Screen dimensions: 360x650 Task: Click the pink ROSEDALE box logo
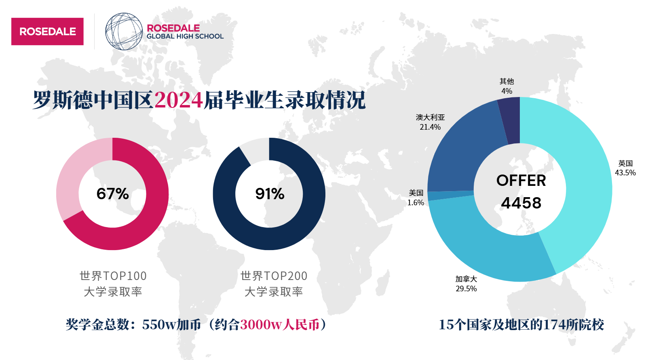click(47, 32)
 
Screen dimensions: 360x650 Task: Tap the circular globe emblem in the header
click(124, 32)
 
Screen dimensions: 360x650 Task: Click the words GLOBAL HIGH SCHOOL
click(185, 36)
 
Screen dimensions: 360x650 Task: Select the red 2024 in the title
click(178, 100)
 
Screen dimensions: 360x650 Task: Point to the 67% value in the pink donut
click(112, 194)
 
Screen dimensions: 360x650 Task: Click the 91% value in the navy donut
click(270, 194)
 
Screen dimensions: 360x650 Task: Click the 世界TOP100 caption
click(113, 276)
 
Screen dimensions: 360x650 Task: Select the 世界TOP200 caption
click(274, 276)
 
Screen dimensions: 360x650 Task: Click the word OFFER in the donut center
click(521, 181)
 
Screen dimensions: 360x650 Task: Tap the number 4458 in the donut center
click(521, 203)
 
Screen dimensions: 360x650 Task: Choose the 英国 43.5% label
click(625, 168)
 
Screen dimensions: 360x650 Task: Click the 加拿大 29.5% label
click(466, 284)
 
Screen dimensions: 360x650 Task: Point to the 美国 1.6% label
click(416, 198)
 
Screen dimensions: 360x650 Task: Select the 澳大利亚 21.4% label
click(430, 122)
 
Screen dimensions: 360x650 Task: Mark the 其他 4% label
click(506, 86)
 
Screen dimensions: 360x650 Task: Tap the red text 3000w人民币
click(280, 324)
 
